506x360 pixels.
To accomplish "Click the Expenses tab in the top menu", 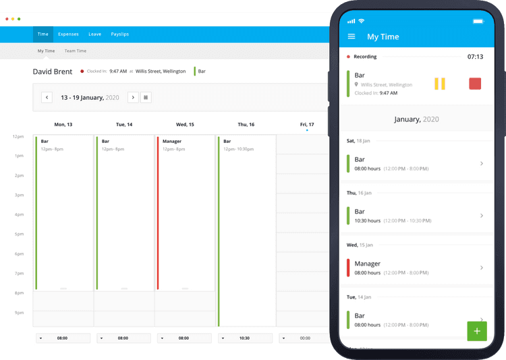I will click(68, 34).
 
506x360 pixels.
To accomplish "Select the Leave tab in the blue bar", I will click(94, 34).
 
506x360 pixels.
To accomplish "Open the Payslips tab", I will click(120, 34).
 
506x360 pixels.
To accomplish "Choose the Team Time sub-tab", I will click(76, 51).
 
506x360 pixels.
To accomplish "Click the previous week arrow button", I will click(47, 97).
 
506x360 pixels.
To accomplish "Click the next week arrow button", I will click(133, 97).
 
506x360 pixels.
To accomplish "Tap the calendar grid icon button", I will click(146, 97).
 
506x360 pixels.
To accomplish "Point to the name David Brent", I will click(53, 71).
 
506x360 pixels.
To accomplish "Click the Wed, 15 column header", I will click(185, 125).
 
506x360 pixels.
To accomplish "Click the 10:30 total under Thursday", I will click(245, 338).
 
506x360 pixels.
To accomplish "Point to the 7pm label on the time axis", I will click(19, 274).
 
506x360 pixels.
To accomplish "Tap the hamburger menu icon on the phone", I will click(351, 36).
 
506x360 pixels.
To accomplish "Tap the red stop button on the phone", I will click(475, 84).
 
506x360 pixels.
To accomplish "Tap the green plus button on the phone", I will click(476, 330).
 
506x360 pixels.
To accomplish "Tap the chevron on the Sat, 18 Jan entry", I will click(481, 163).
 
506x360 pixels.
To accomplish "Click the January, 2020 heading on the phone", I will click(416, 119).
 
